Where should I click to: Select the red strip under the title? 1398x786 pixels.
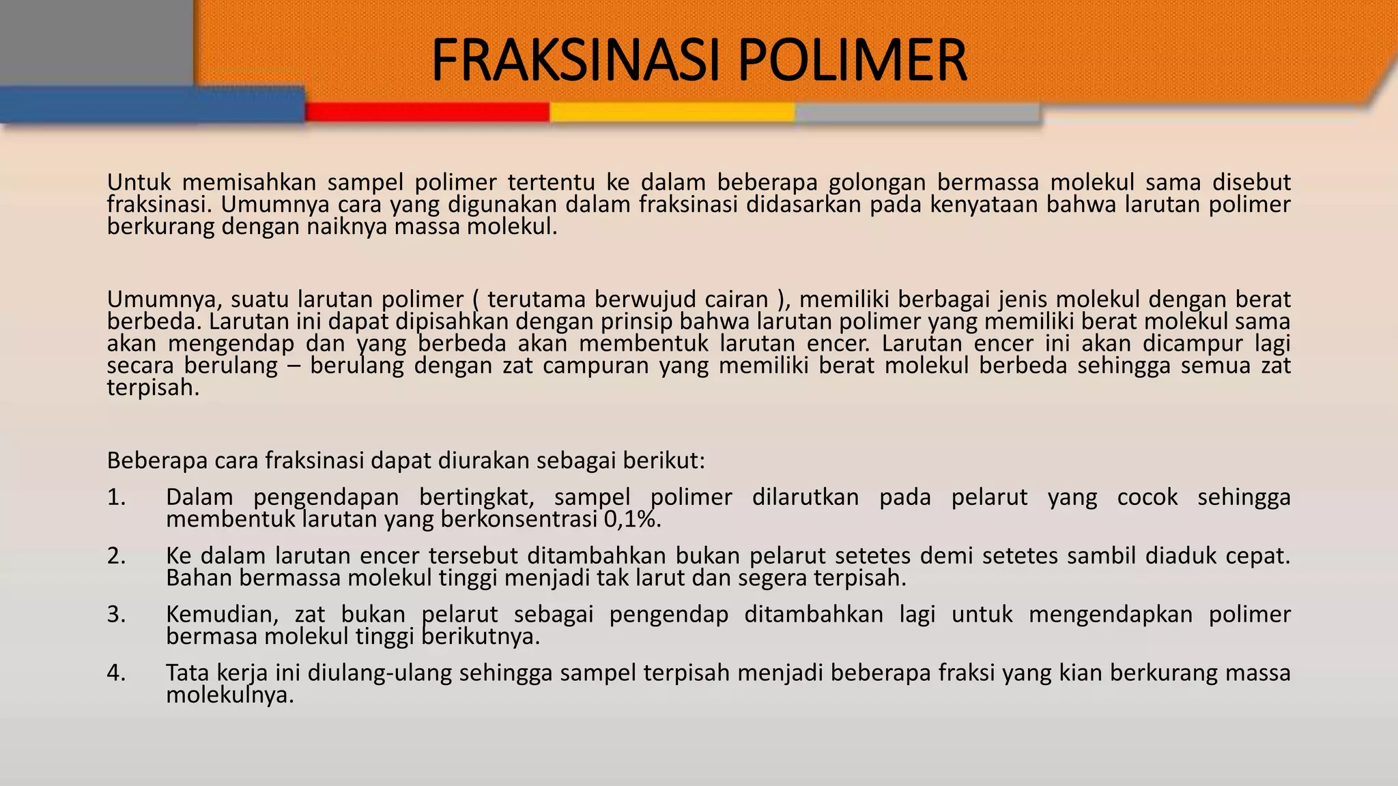point(427,112)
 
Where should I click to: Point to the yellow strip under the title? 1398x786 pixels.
point(672,112)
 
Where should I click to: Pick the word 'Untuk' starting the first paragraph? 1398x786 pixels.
point(139,182)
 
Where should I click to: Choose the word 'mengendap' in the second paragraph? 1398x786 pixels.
point(231,344)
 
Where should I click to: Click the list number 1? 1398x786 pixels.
point(117,497)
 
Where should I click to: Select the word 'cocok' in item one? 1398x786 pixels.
point(1147,497)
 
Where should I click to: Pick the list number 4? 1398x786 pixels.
point(117,673)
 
